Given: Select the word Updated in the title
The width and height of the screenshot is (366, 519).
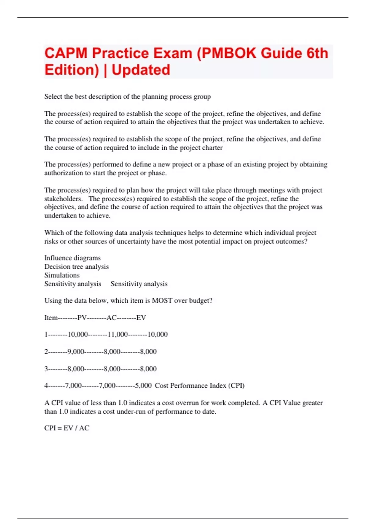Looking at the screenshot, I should tap(141, 70).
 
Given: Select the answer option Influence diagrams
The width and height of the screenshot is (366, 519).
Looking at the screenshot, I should tap(72, 258).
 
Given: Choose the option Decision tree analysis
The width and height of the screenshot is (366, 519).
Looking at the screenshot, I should tap(76, 267).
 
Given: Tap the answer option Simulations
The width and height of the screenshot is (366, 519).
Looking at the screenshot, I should tap(62, 275).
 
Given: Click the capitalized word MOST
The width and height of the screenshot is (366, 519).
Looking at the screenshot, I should tap(162, 300).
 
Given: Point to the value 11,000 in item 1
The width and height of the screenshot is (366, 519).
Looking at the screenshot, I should tap(118, 334).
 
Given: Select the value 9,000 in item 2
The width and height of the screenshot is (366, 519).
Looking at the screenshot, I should tap(75, 352).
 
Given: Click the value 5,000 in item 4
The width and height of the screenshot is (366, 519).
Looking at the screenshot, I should tap(143, 386).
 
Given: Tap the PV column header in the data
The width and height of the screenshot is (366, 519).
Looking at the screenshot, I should tap(82, 318).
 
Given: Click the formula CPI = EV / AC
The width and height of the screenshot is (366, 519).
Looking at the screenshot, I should tap(67, 428).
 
